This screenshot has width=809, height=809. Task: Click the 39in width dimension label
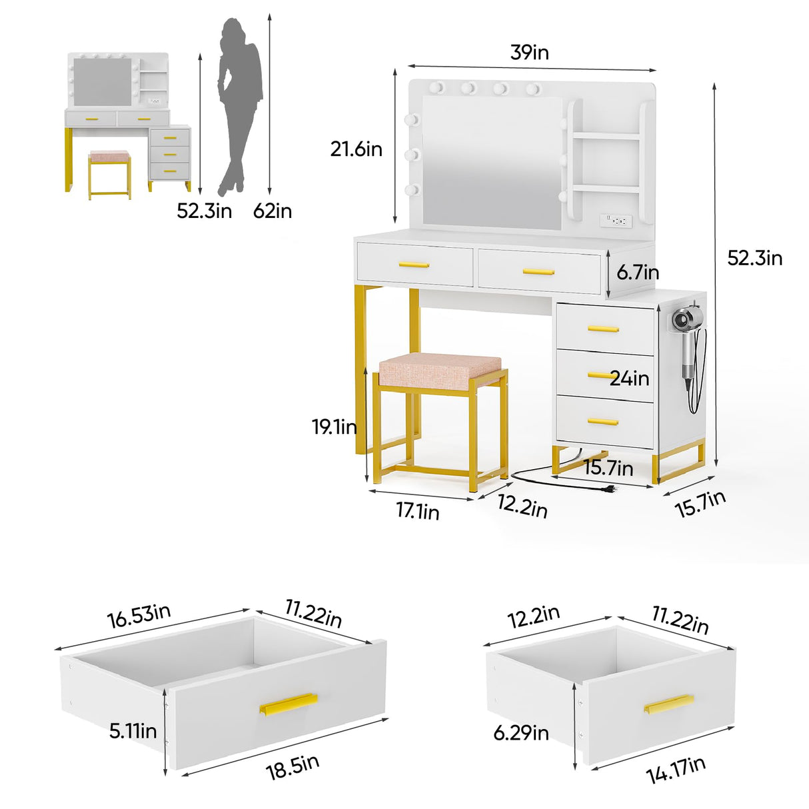(530, 52)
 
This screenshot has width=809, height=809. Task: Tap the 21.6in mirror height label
(357, 149)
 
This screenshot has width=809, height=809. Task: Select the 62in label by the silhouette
(273, 211)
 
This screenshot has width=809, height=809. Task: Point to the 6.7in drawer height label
(638, 272)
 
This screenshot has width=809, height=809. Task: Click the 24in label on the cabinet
(629, 379)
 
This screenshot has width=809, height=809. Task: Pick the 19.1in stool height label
(335, 426)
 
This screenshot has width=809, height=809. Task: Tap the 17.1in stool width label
(418, 511)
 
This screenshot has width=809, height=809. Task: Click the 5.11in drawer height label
(133, 731)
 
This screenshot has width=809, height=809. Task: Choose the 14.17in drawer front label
(676, 771)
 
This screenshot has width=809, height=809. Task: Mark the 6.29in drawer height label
(521, 733)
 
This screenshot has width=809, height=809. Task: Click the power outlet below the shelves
(615, 219)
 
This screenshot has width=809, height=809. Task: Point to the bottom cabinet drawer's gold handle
(603, 422)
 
